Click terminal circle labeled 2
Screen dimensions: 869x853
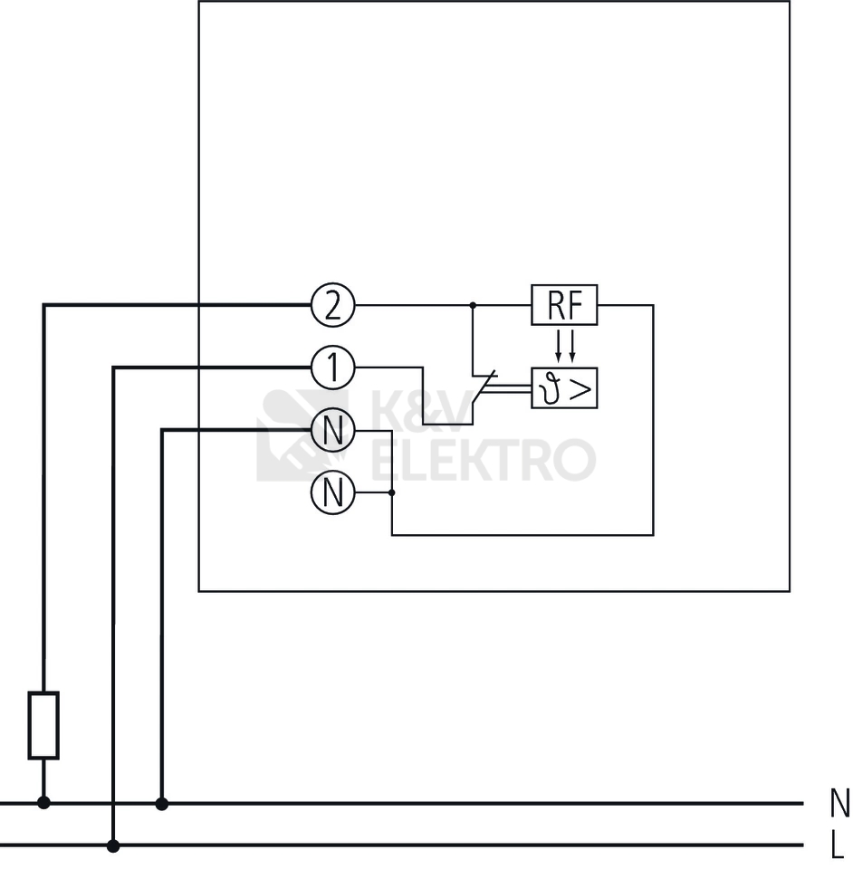click(332, 306)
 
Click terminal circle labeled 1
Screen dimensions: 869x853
click(332, 368)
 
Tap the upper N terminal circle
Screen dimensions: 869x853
click(332, 430)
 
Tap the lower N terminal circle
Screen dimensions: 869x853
click(332, 493)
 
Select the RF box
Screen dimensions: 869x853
click(564, 306)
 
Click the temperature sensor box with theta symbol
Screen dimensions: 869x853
click(564, 389)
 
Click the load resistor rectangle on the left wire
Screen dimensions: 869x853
click(43, 724)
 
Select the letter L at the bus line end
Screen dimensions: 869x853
click(838, 847)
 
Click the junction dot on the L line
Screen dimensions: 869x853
click(113, 846)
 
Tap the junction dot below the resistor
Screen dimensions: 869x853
click(43, 803)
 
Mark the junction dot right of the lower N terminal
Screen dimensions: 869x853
click(391, 493)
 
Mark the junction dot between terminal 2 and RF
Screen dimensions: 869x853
click(472, 306)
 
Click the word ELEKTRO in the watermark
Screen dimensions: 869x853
click(484, 459)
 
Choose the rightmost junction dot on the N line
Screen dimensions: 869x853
click(162, 803)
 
